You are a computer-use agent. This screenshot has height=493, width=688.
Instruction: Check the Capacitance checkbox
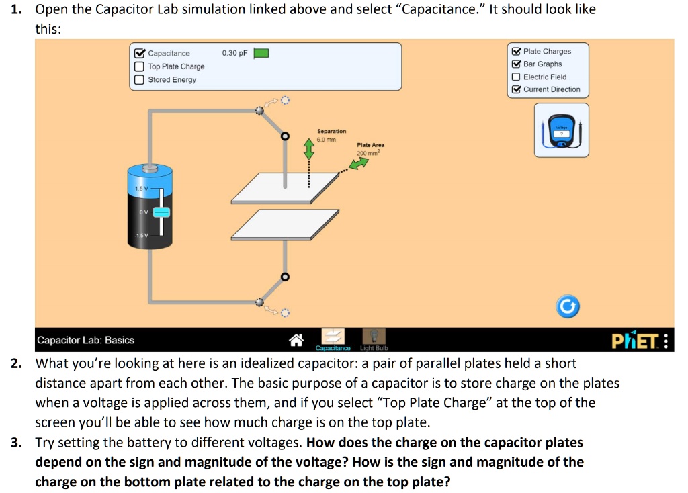pyautogui.click(x=139, y=54)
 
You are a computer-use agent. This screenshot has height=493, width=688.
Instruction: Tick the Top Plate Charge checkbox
pyautogui.click(x=139, y=66)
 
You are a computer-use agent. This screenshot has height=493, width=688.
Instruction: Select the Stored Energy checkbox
pyautogui.click(x=139, y=80)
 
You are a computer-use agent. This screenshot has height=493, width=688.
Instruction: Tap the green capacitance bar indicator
pyautogui.click(x=261, y=54)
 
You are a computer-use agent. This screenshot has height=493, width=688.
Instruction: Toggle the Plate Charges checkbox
pyautogui.click(x=515, y=52)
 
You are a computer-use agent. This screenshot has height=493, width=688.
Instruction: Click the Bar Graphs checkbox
pyautogui.click(x=515, y=64)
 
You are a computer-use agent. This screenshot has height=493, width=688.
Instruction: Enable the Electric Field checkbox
pyautogui.click(x=515, y=77)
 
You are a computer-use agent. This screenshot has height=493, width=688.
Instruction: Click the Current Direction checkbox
pyautogui.click(x=515, y=89)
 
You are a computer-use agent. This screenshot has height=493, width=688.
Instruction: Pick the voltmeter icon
pyautogui.click(x=561, y=131)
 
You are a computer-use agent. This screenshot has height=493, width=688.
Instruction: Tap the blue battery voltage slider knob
pyautogui.click(x=162, y=212)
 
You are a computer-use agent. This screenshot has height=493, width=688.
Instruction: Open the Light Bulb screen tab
pyautogui.click(x=375, y=339)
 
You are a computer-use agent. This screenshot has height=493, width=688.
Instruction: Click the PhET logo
pyautogui.click(x=634, y=341)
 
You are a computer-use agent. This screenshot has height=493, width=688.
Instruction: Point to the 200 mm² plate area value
pyautogui.click(x=368, y=153)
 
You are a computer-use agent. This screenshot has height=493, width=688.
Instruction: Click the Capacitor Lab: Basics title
pyautogui.click(x=85, y=340)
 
